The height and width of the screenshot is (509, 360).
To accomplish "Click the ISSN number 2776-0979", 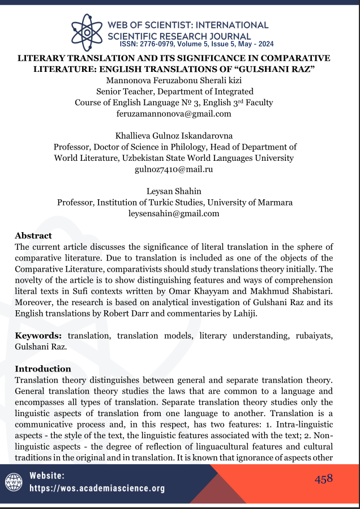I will coord(161,44).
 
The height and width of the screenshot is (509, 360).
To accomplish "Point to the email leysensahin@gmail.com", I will coord(174,213).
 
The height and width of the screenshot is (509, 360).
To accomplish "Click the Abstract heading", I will coord(33,236).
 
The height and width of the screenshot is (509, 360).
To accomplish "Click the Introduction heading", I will coord(42,369).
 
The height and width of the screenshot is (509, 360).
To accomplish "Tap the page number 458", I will coord(324,479).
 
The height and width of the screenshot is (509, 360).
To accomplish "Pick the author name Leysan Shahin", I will coord(174,191).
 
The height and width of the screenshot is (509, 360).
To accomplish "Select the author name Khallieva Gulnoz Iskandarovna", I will coord(174,136).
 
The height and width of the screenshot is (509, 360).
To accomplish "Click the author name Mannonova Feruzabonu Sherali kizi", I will coord(174,80).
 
